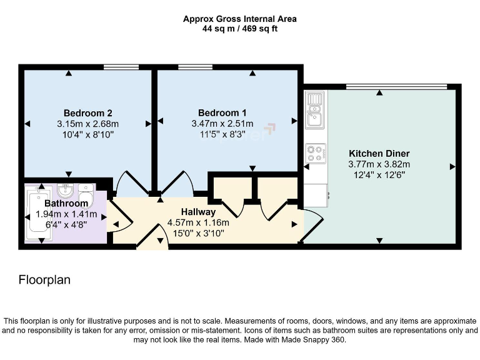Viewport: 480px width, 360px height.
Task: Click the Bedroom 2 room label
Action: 87,113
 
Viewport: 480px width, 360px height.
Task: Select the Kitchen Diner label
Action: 379,154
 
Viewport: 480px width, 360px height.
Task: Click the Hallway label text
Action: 198,212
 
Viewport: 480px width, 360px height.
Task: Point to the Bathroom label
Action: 66,204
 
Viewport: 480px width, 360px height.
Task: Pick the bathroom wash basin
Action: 66,189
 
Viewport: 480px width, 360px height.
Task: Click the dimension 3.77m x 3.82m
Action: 379,164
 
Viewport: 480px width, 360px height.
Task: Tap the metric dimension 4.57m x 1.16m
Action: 198,223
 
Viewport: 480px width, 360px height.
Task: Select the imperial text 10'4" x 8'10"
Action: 87,134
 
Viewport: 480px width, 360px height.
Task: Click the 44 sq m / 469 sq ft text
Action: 240,29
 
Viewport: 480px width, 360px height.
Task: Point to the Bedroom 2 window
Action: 121,67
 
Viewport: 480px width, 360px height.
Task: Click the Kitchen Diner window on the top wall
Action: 396,86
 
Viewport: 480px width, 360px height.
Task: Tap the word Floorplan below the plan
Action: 44,280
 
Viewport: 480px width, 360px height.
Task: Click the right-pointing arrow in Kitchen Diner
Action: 451,166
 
